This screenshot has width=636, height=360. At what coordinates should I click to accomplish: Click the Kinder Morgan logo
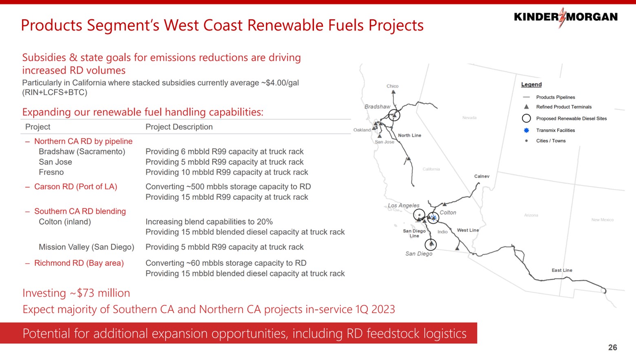click(565, 17)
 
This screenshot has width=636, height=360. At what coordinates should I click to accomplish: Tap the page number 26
click(612, 347)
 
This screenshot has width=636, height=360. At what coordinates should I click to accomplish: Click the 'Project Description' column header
click(179, 127)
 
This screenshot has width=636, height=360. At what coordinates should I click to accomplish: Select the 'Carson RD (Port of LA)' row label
click(75, 187)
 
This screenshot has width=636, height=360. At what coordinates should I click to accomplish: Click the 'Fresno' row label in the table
click(51, 172)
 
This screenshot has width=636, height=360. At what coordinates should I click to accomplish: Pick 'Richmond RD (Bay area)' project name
click(79, 263)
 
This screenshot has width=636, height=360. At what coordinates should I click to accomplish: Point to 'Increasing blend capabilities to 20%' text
click(209, 222)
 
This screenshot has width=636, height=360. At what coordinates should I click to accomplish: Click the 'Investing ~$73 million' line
click(76, 293)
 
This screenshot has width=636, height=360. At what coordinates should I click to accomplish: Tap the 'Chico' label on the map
click(392, 86)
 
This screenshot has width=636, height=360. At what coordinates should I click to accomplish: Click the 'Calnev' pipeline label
click(481, 176)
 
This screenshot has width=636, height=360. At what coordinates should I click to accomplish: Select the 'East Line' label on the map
click(562, 270)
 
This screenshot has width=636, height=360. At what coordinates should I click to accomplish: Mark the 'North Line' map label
click(409, 135)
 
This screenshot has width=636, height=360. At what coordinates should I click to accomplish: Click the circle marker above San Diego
click(431, 244)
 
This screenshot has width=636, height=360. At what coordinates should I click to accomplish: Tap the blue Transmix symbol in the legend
click(526, 130)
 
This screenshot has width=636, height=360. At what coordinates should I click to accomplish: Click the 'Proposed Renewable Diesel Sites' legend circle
click(526, 118)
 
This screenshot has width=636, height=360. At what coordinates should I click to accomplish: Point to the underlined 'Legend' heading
click(531, 84)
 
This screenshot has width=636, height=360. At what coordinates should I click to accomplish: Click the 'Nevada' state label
click(469, 118)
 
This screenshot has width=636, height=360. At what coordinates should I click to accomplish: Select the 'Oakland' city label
click(362, 130)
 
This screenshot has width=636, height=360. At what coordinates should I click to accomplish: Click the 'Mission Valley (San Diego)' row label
click(86, 247)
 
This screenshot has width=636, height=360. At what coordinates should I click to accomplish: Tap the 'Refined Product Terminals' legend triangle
click(526, 107)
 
